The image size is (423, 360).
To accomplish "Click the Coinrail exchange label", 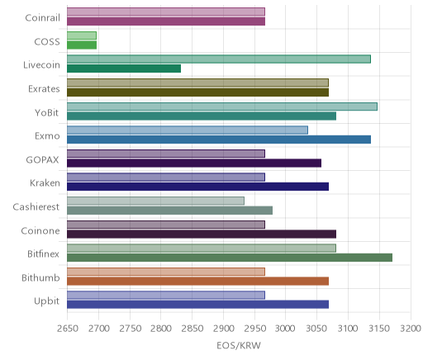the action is [x=42, y=18].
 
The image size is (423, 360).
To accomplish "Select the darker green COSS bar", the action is [x=82, y=45].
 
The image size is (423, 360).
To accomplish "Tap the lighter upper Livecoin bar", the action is [x=219, y=59].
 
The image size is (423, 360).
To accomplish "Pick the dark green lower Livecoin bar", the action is [x=124, y=69].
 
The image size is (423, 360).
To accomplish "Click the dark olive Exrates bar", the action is [x=197, y=92].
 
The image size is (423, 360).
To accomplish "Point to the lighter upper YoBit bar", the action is [x=222, y=107].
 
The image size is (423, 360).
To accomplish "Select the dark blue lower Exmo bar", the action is [x=219, y=140].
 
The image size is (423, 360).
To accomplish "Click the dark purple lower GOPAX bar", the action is [x=194, y=163].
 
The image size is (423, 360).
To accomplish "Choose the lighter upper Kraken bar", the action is [x=166, y=178].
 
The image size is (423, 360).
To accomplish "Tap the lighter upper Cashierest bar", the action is [x=155, y=201].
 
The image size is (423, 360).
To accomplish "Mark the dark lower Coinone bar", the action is [x=202, y=234].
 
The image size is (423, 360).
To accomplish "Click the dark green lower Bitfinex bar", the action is [x=230, y=258].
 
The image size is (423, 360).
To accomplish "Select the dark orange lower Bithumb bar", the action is [x=197, y=282].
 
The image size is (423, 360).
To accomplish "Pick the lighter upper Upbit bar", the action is [x=166, y=296].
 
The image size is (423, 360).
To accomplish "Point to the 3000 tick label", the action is [x=285, y=329].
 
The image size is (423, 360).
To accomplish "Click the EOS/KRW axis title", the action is [x=239, y=345].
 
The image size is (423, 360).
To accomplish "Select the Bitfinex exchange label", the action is [x=43, y=254].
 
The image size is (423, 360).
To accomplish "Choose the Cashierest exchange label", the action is [x=36, y=206].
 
